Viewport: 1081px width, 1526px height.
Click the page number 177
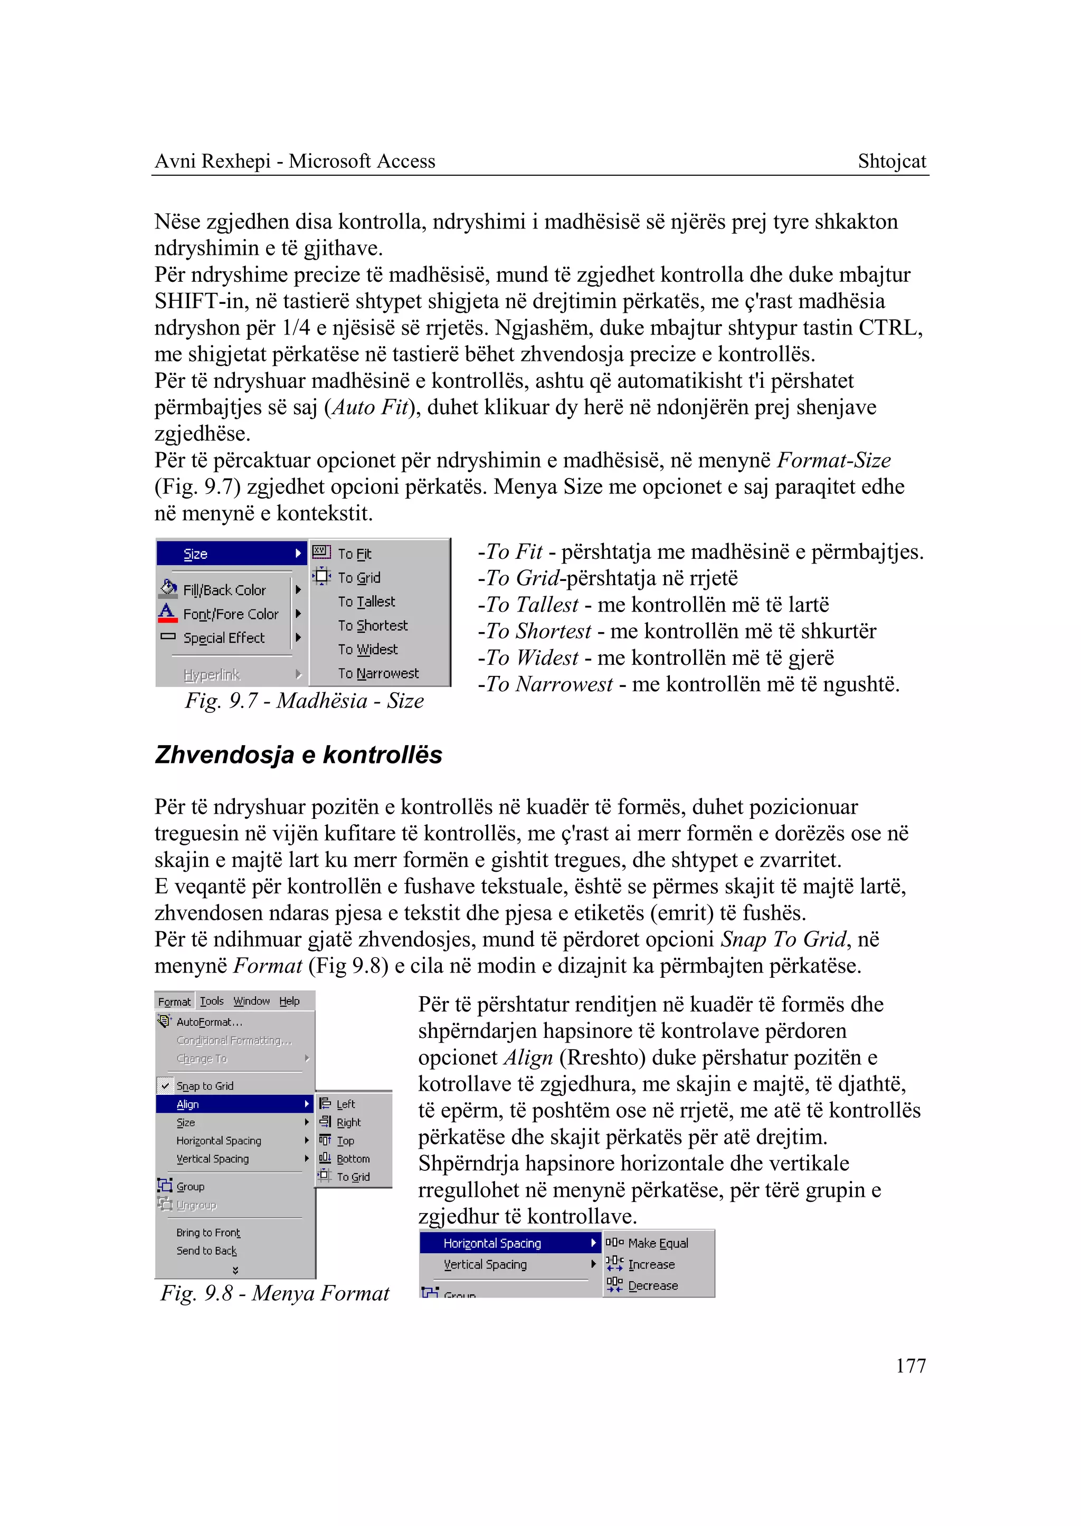click(911, 1366)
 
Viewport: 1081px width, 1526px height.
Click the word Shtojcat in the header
click(892, 161)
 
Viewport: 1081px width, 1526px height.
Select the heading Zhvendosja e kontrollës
click(298, 755)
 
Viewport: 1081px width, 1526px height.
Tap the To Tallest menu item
click(366, 602)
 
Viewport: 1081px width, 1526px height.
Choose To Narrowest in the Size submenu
click(378, 673)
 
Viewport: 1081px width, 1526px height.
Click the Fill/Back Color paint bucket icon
click(168, 588)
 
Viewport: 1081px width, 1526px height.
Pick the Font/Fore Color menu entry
click(230, 614)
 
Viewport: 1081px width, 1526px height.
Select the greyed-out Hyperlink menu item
click(211, 675)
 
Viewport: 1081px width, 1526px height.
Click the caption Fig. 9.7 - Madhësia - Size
click(304, 701)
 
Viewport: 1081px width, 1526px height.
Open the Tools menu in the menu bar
click(212, 1001)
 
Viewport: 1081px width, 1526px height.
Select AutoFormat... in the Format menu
click(209, 1022)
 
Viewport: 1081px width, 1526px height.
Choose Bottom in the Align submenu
click(353, 1159)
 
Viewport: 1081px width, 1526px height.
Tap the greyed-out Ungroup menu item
click(196, 1205)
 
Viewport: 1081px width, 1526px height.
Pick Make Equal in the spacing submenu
click(658, 1243)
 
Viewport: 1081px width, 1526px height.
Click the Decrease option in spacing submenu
click(652, 1286)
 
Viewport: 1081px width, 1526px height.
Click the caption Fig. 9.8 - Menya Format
click(274, 1293)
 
